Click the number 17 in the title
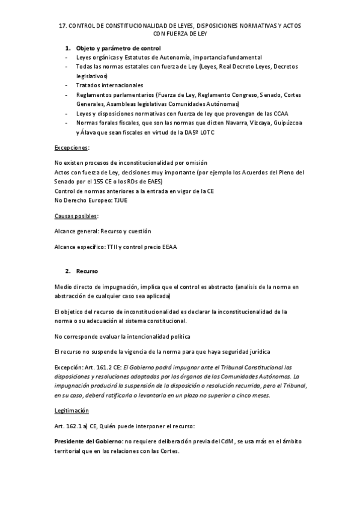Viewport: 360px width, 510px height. pos(61,26)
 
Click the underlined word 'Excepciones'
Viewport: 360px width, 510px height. pos(71,147)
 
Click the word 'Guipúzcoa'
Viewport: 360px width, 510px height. pos(284,123)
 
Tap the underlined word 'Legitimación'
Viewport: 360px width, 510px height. pos(72,410)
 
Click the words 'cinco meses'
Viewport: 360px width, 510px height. pos(253,395)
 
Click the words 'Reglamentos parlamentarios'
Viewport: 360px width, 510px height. pos(114,95)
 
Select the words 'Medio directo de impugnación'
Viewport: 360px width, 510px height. pos(93,287)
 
